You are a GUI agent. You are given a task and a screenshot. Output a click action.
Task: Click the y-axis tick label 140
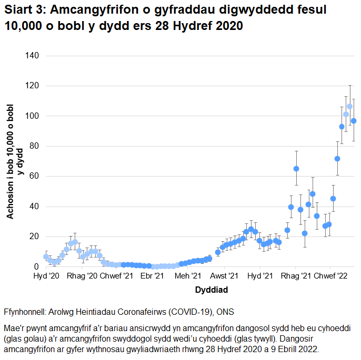click(x=32, y=55)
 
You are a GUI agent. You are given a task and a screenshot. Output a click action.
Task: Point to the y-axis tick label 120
click(x=32, y=86)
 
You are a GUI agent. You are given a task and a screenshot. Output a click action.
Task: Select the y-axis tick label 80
click(x=34, y=146)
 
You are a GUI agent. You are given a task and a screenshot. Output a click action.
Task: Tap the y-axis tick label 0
click(x=36, y=267)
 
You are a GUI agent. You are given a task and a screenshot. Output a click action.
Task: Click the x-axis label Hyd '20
click(x=46, y=276)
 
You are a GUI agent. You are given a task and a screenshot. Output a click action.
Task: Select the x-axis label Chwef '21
click(x=117, y=276)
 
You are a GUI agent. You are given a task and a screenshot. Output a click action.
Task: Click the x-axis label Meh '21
click(x=188, y=276)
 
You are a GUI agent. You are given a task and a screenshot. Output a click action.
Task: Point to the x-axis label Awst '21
click(x=225, y=276)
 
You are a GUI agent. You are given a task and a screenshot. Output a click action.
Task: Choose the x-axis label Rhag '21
click(x=296, y=276)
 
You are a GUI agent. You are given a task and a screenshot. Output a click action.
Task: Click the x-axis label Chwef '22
click(x=331, y=276)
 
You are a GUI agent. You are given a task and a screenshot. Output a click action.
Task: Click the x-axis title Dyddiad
click(x=196, y=290)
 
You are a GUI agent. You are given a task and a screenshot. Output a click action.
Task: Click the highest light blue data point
click(x=349, y=107)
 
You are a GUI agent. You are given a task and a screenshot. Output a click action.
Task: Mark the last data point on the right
click(x=354, y=121)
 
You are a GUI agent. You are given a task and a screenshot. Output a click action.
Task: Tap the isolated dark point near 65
click(x=296, y=169)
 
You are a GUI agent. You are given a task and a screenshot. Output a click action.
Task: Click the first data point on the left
click(x=46, y=256)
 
